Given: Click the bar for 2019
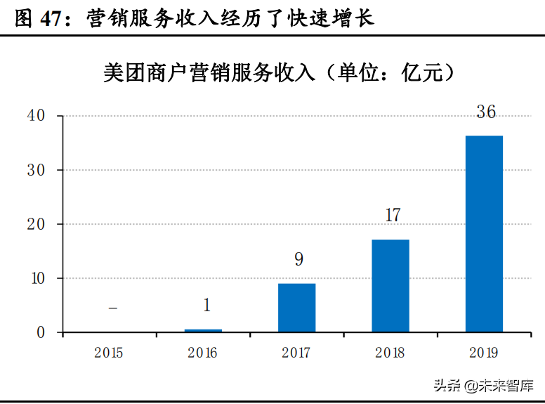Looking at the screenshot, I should click(x=484, y=233).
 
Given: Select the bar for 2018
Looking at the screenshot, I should click(x=390, y=285).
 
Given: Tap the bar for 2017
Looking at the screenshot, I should click(x=297, y=307).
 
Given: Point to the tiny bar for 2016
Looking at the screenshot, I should click(x=204, y=330).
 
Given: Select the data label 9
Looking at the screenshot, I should click(x=298, y=259).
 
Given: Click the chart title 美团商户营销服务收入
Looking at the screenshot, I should click(x=211, y=72).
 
